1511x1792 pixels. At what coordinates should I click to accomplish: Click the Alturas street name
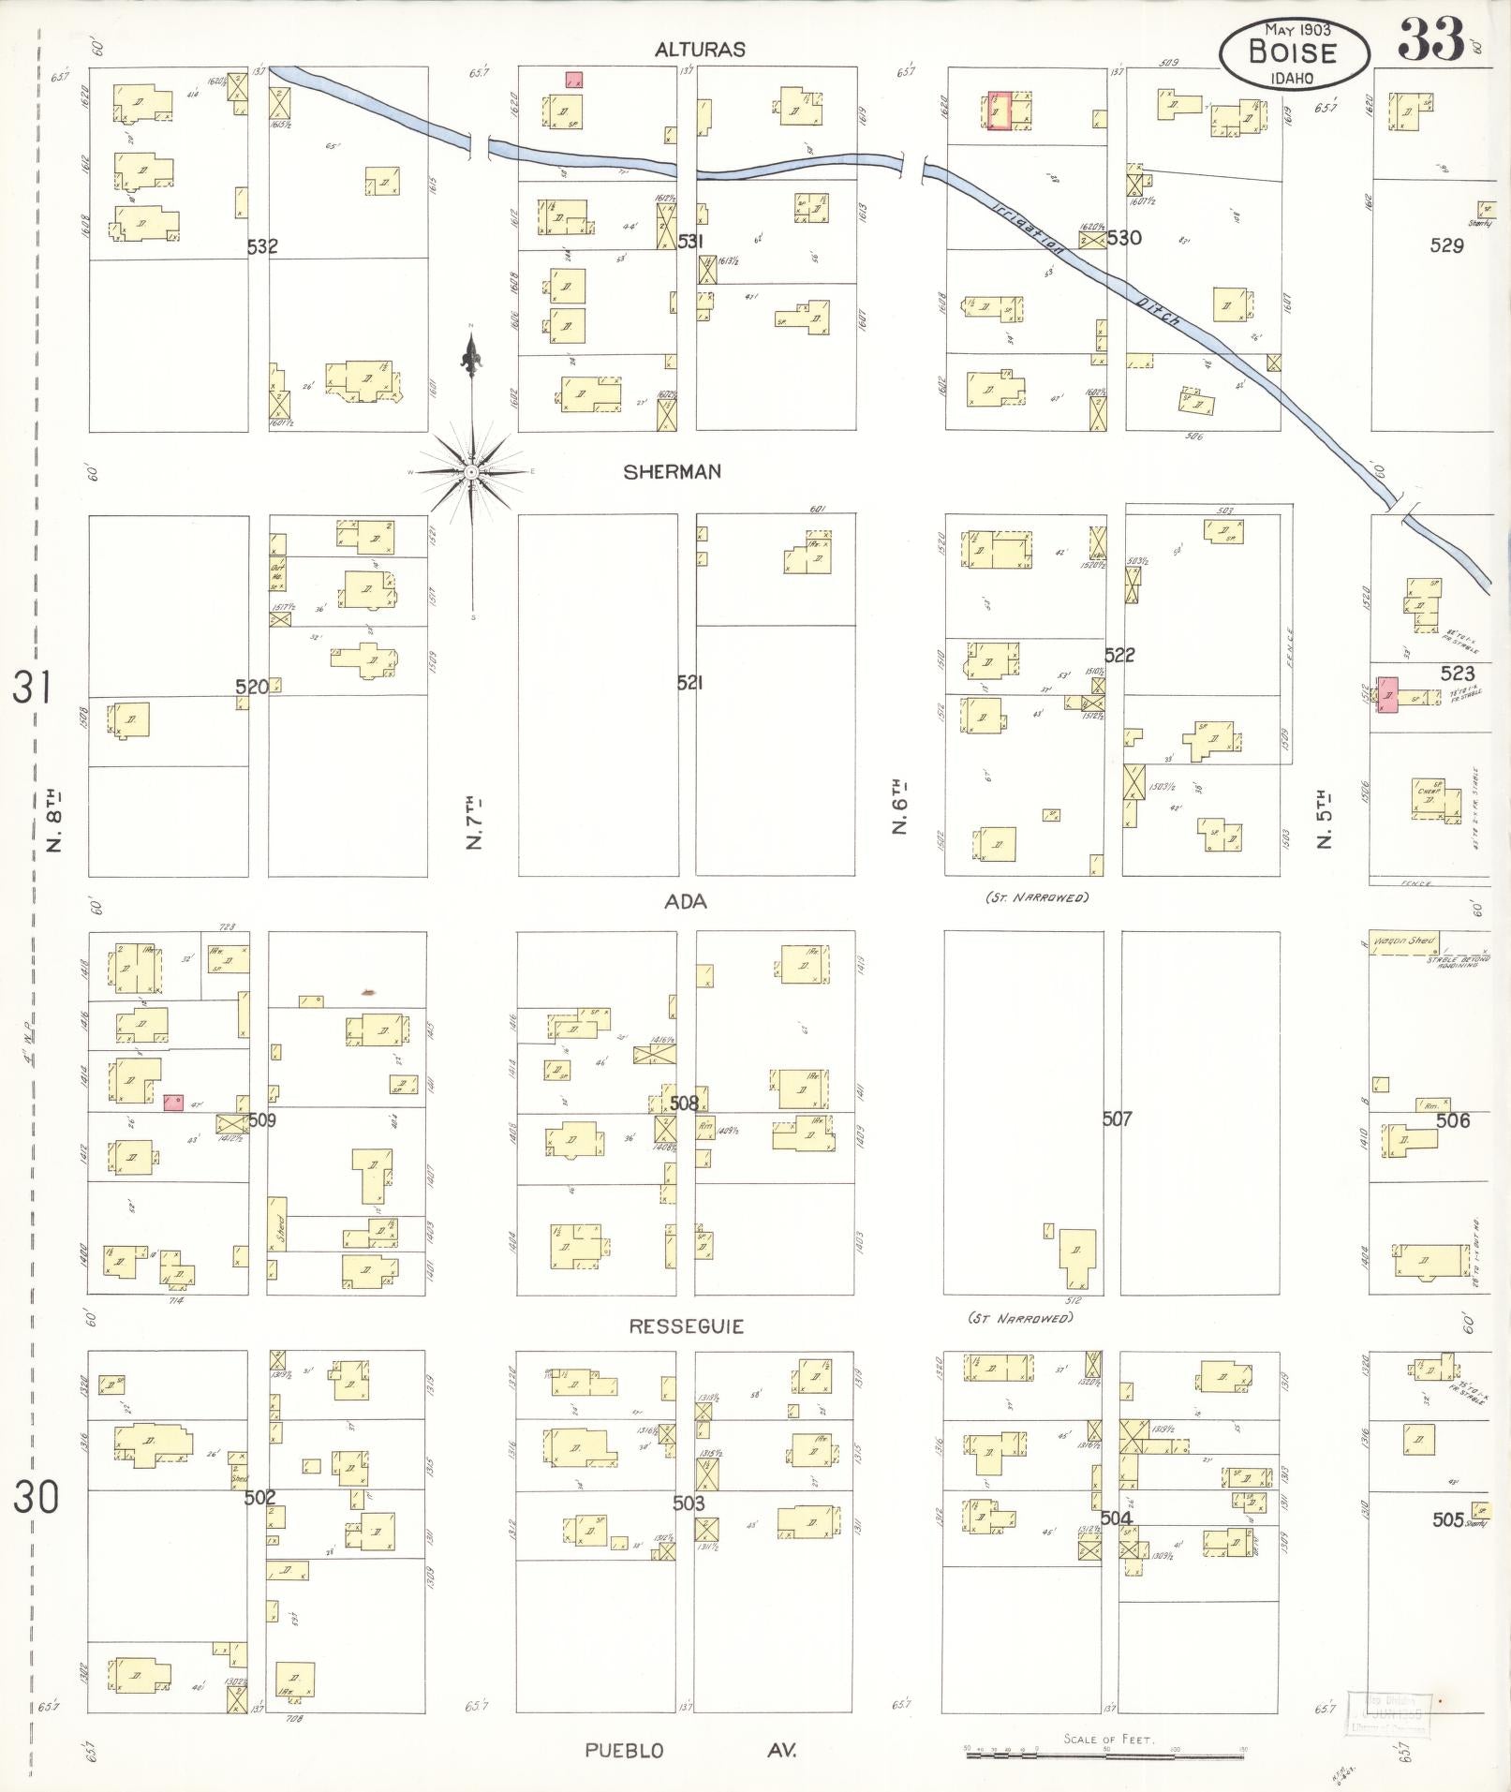click(700, 51)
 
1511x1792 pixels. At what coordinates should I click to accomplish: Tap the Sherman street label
click(673, 472)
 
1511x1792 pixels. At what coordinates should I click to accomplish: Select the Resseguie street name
click(687, 1326)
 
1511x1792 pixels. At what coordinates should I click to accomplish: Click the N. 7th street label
click(474, 823)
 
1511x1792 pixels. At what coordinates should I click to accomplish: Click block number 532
click(263, 246)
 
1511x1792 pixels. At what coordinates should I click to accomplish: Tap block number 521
click(689, 683)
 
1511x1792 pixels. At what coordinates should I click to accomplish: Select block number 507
click(1117, 1118)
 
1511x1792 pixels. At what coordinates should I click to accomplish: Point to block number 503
click(689, 1503)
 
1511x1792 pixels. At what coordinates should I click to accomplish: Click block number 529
click(1446, 245)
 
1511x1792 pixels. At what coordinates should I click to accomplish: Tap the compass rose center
click(471, 471)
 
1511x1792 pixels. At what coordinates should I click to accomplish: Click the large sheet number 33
click(1430, 39)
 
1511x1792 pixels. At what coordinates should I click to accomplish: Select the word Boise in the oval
click(1293, 52)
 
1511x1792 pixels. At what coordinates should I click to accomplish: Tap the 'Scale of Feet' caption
click(1108, 1740)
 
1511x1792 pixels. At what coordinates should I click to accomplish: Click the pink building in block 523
click(1386, 694)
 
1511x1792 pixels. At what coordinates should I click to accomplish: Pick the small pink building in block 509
click(173, 1103)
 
